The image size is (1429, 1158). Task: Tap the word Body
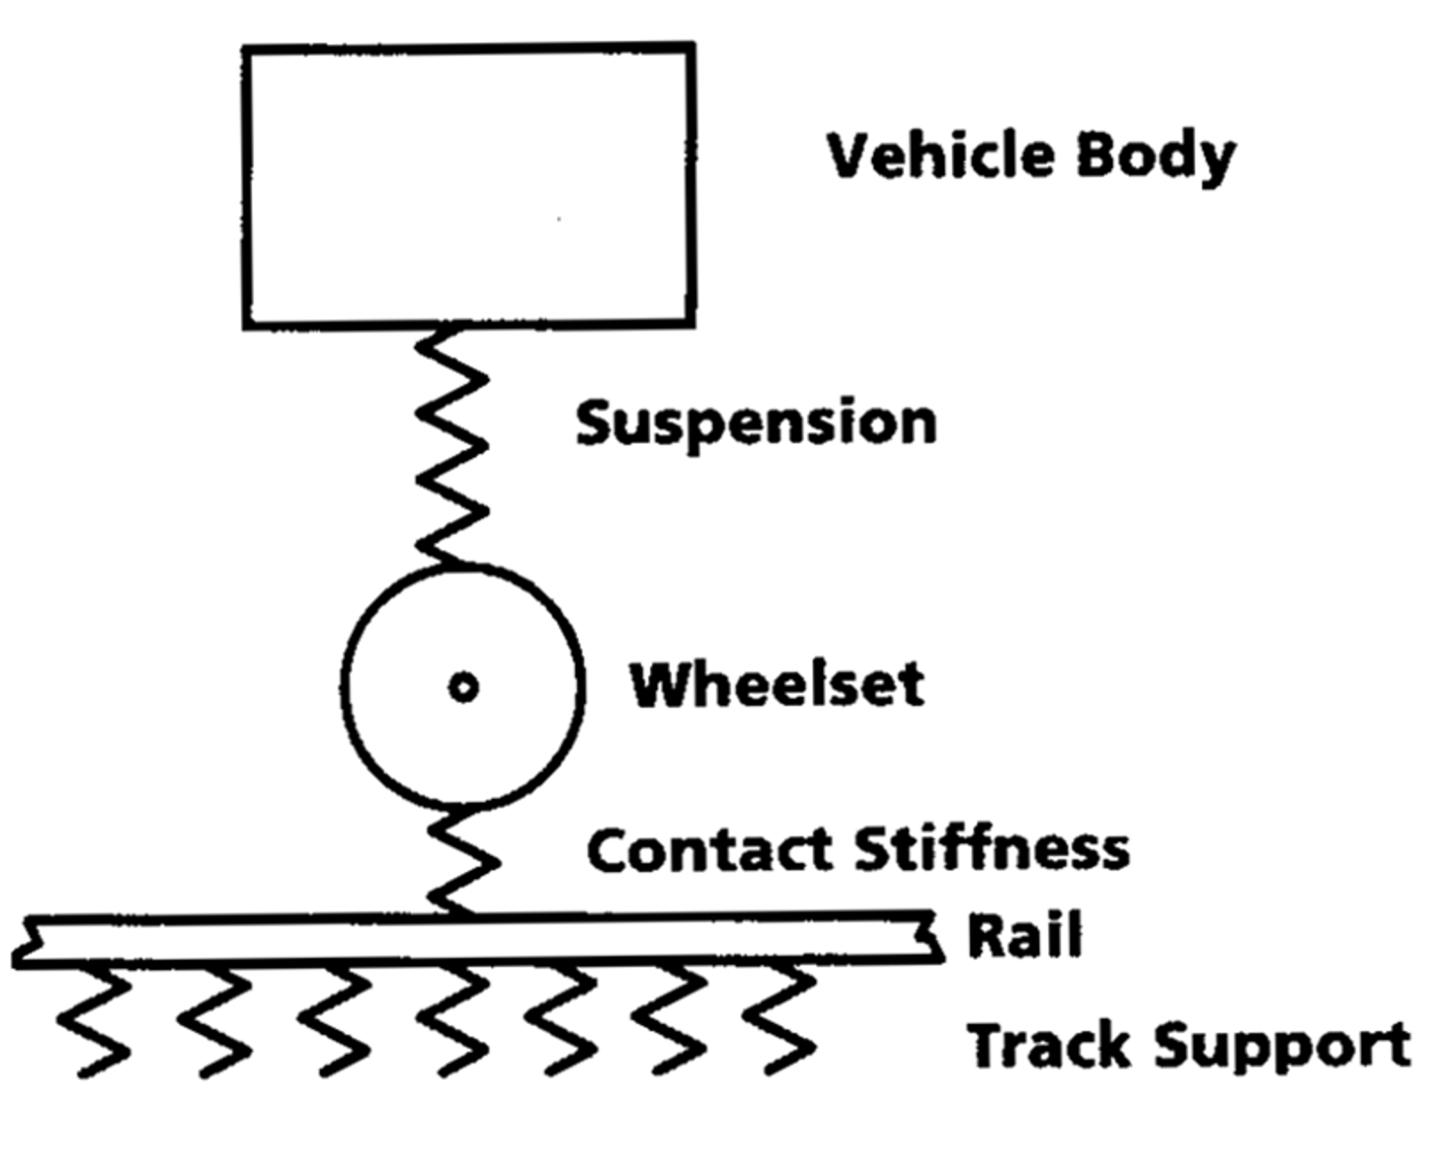[1156, 157]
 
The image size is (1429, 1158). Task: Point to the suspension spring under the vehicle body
[451, 447]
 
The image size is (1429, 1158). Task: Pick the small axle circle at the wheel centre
[463, 687]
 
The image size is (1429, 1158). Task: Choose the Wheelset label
[777, 686]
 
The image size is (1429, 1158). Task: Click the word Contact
[714, 850]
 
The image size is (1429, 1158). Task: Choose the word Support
[1283, 1046]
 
